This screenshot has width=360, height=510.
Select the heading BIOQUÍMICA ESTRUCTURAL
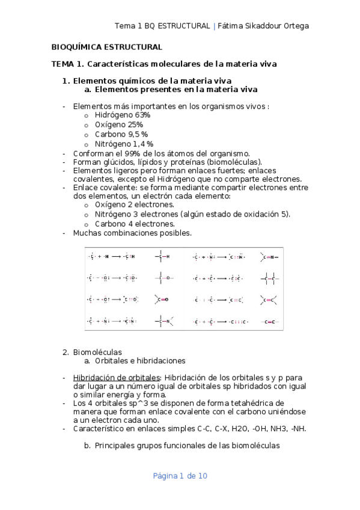tap(106, 47)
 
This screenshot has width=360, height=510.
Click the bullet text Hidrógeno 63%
tap(123, 115)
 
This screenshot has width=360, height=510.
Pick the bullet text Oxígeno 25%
tap(119, 124)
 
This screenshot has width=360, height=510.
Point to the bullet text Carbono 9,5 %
tap(121, 134)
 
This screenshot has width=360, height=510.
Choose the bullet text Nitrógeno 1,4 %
tap(124, 144)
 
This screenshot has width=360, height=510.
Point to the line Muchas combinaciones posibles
tap(132, 233)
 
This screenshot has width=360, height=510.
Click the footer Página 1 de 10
tap(180, 476)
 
